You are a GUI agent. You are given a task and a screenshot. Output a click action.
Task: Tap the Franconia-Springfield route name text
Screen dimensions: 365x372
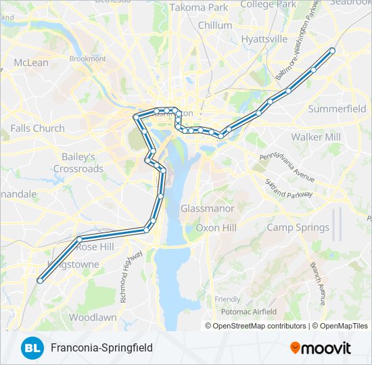click(x=101, y=347)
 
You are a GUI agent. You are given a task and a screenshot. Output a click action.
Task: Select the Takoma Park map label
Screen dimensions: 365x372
click(x=199, y=7)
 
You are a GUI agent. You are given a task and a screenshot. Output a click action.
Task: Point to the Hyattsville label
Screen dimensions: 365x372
click(x=264, y=39)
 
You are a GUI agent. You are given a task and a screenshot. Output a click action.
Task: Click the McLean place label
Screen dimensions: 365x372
click(x=31, y=63)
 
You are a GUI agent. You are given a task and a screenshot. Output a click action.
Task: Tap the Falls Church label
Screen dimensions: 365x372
click(x=38, y=128)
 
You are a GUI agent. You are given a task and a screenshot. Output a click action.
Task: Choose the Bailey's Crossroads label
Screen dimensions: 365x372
click(x=78, y=162)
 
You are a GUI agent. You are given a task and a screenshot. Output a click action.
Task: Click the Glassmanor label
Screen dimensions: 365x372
click(x=207, y=209)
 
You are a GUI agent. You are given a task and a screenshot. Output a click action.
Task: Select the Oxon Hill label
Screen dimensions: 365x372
click(x=216, y=228)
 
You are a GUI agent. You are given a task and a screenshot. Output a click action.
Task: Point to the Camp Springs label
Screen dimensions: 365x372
click(x=298, y=228)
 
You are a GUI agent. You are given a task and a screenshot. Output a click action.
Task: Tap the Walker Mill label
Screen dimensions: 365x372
click(x=316, y=137)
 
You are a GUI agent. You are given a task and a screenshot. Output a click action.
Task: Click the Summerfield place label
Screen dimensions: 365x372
click(x=337, y=108)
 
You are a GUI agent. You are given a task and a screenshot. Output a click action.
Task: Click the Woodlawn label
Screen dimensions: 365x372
click(x=93, y=317)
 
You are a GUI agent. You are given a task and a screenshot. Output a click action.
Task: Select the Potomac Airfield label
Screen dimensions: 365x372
click(x=248, y=312)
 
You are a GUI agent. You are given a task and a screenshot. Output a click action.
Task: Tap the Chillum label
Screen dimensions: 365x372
click(x=215, y=25)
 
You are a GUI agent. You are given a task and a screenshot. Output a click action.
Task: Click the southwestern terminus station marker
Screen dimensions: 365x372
click(x=40, y=281)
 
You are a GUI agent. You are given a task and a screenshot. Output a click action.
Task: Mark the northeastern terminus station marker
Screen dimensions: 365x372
click(x=332, y=50)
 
